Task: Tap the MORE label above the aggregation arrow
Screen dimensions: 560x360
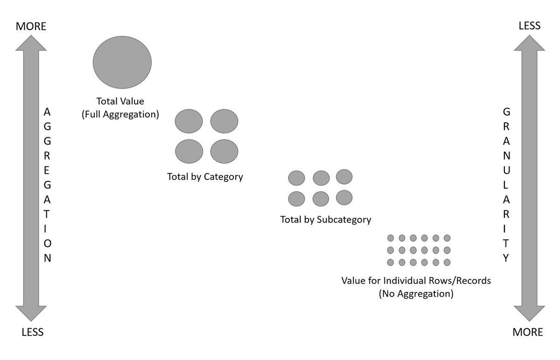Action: [31, 26]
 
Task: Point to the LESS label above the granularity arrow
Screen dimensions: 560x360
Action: [530, 26]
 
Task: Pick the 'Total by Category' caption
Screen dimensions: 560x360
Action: [205, 177]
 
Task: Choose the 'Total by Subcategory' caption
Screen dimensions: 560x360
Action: [326, 219]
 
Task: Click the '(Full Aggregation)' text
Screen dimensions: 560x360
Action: [120, 113]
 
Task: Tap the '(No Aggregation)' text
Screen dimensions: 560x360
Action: [416, 294]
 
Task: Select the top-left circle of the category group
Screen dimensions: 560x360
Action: [189, 121]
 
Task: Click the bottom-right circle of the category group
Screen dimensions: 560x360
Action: [224, 152]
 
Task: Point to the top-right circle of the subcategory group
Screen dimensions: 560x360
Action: [344, 177]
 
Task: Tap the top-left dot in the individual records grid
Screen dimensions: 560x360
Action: [391, 238]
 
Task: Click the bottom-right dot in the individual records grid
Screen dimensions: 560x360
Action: [447, 262]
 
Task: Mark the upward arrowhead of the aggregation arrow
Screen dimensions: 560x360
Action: [31, 44]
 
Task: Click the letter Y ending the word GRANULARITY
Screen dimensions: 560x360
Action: [505, 257]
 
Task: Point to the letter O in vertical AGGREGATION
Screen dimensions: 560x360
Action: [47, 243]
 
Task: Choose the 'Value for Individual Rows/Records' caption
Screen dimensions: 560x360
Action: [416, 282]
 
